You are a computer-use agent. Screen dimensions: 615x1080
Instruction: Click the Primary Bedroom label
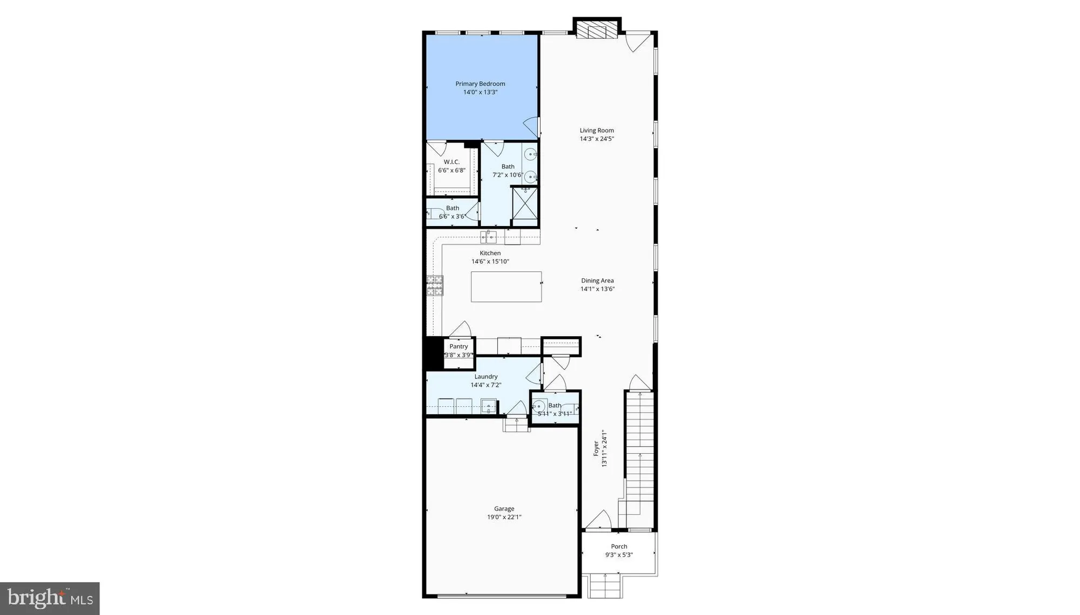click(x=480, y=84)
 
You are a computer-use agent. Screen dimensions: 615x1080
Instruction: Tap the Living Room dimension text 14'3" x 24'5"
click(x=597, y=139)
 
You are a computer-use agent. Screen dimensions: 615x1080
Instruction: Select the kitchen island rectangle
click(x=506, y=286)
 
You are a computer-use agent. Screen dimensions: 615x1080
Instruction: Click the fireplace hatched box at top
click(x=597, y=30)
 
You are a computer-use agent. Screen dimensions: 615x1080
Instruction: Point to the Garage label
click(x=504, y=509)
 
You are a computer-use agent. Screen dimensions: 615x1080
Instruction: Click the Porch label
click(x=619, y=546)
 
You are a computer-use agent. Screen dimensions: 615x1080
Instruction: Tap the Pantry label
click(x=458, y=346)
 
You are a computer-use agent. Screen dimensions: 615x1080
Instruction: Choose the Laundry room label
click(x=486, y=377)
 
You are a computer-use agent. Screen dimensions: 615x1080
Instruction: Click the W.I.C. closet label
click(x=451, y=162)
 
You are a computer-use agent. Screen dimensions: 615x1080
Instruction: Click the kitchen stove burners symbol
click(x=435, y=286)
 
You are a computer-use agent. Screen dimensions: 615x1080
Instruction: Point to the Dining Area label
click(x=597, y=281)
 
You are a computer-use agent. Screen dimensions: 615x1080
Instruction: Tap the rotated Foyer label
click(x=596, y=448)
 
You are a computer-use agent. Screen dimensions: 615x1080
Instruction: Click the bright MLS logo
click(x=50, y=598)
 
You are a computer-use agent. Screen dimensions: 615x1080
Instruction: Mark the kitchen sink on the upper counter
click(x=489, y=236)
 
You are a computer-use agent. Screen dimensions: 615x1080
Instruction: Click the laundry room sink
click(x=488, y=406)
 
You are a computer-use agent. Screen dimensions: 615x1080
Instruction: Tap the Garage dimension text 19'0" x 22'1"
click(x=504, y=517)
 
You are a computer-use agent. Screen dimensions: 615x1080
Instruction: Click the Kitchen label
click(x=490, y=253)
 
